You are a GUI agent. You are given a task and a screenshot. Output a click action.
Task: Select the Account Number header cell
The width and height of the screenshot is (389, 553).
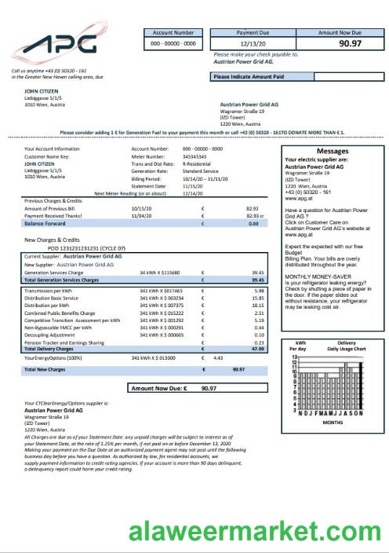(173, 33)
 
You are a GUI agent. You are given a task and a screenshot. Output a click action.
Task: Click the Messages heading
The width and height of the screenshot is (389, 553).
(332, 150)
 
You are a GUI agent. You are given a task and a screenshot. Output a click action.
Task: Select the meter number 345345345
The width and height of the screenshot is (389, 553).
(196, 156)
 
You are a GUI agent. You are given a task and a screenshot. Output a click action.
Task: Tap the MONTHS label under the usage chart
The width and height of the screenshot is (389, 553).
(333, 422)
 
